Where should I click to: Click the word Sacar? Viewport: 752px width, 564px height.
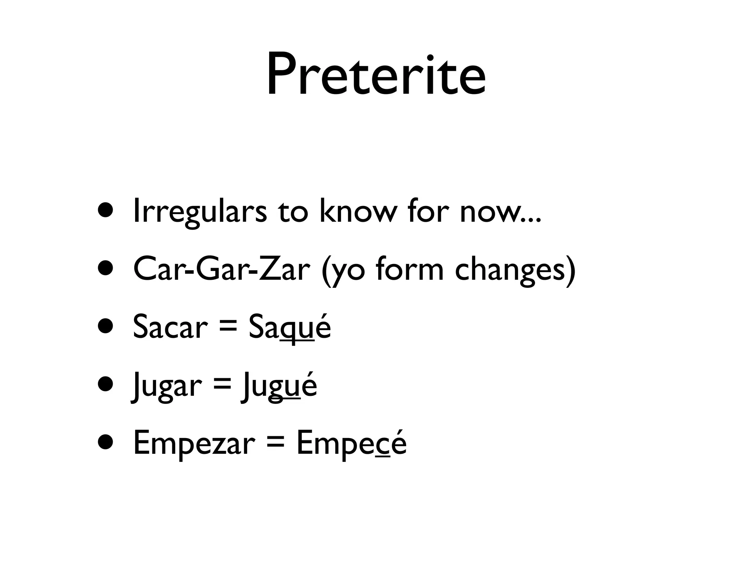170,326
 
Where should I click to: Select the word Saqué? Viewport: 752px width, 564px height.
289,327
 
